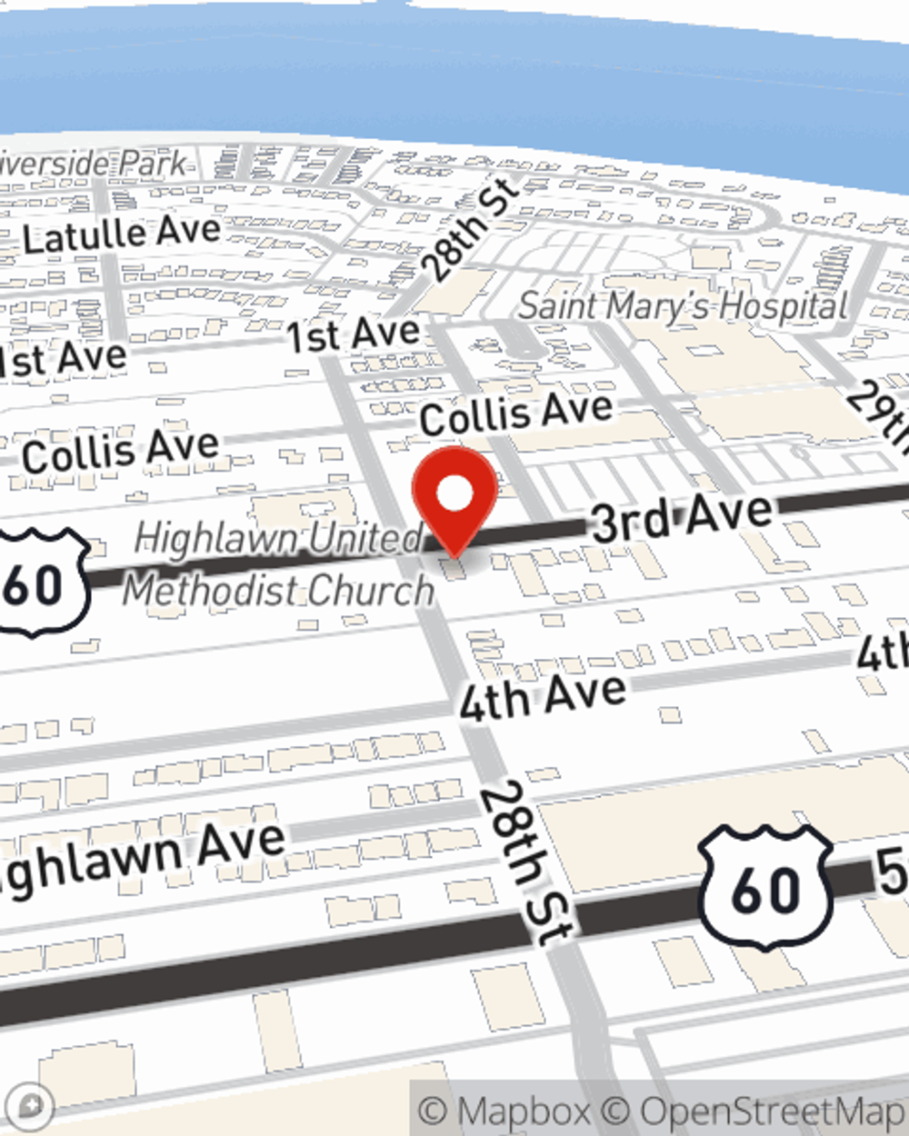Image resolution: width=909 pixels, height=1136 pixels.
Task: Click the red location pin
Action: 454,495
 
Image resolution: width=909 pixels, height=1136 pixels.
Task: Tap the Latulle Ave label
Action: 122,235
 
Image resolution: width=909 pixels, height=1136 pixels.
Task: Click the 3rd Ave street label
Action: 682,519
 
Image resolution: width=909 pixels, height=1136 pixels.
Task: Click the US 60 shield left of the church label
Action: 41,582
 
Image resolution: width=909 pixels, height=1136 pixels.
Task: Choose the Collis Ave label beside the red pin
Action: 515,414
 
